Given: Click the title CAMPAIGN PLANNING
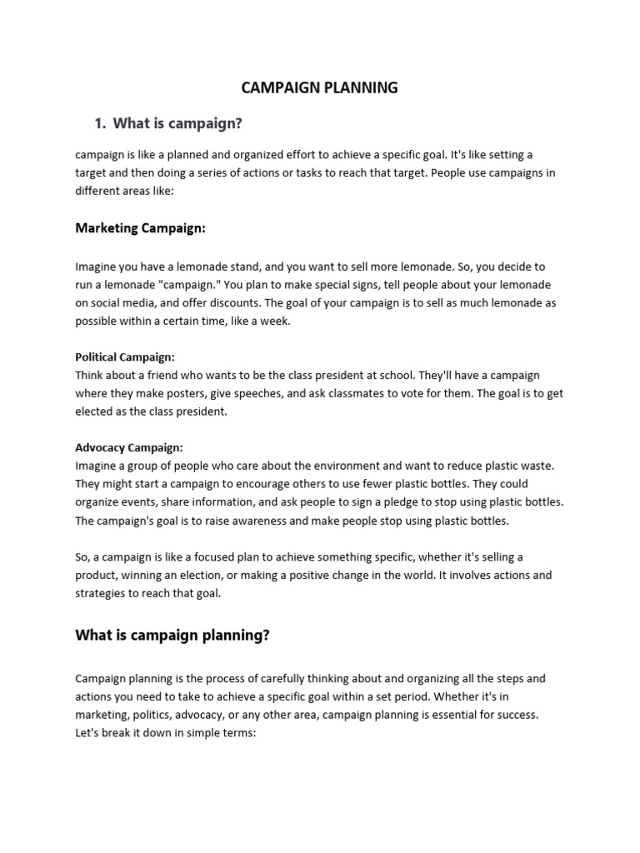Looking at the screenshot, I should [x=319, y=87].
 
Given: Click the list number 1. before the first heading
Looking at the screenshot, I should [x=101, y=124].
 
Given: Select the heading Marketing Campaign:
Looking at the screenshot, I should [x=140, y=228].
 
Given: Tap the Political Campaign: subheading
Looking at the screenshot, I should [x=125, y=357].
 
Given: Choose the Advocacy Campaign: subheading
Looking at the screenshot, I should [x=129, y=447].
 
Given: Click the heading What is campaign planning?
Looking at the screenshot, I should [x=172, y=636].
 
